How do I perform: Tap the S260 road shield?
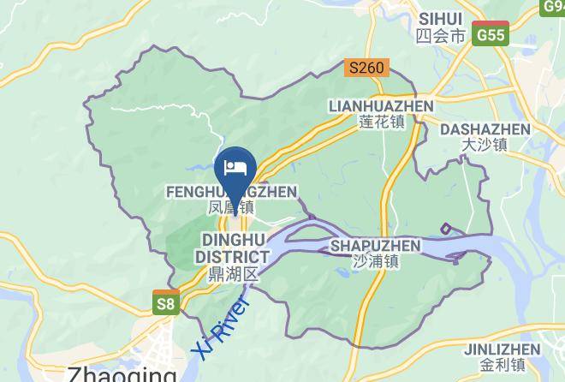pyautogui.click(x=368, y=67)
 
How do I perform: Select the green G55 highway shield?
pyautogui.click(x=491, y=35)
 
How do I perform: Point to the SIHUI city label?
pyautogui.click(x=441, y=19)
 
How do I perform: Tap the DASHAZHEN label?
pyautogui.click(x=485, y=128)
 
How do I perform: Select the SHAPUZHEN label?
pyautogui.click(x=375, y=246)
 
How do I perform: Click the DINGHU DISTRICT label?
pyautogui.click(x=232, y=248)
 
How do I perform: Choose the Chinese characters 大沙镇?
pyautogui.click(x=485, y=145)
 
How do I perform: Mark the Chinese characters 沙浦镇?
pyautogui.click(x=375, y=262)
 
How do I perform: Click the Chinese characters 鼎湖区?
pyautogui.click(x=232, y=274)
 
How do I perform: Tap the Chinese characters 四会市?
pyautogui.click(x=440, y=36)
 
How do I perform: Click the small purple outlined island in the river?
pyautogui.click(x=446, y=229)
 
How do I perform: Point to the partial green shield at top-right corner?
pyautogui.click(x=554, y=7)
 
